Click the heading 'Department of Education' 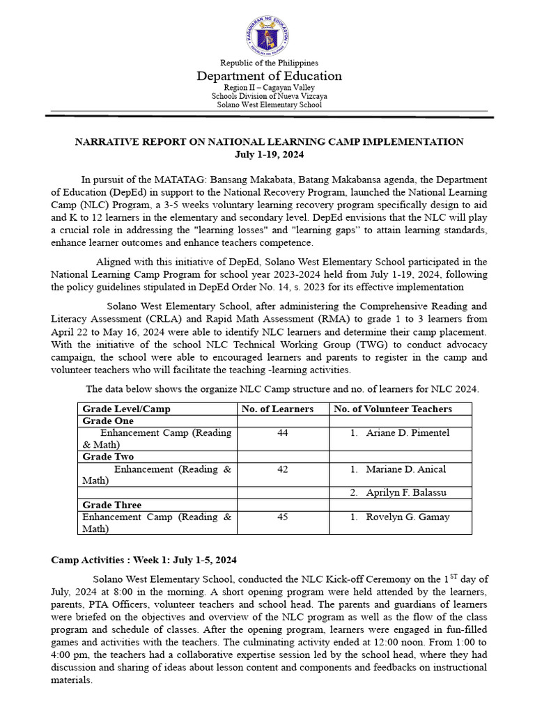(x=269, y=76)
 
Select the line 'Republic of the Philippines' (x=269, y=63)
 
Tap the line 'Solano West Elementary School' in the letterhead (x=269, y=105)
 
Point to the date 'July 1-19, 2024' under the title (x=269, y=154)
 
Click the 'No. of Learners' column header (x=277, y=409)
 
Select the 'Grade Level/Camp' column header (x=126, y=409)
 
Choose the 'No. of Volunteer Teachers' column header (x=393, y=409)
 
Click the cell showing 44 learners (x=282, y=433)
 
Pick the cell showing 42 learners (x=282, y=469)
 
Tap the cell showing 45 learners (x=282, y=517)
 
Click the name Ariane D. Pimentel (x=408, y=433)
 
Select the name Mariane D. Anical (x=406, y=469)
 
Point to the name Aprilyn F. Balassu (x=406, y=493)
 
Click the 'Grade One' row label (x=108, y=421)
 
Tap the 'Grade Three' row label (x=111, y=505)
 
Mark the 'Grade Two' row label (x=108, y=457)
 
